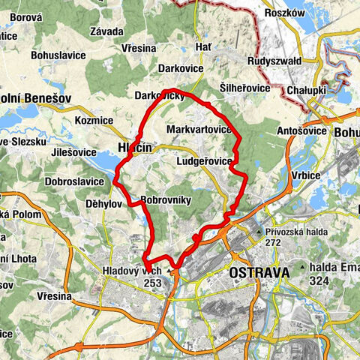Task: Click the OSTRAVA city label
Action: click(259, 274)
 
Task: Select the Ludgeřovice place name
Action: click(203, 161)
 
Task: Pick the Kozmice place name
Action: click(94, 120)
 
